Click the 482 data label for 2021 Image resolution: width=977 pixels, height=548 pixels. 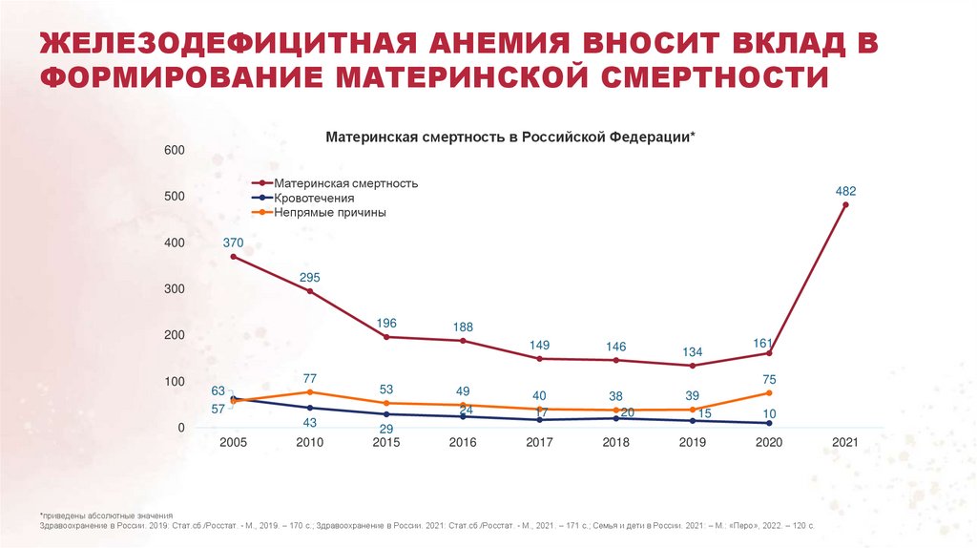845,191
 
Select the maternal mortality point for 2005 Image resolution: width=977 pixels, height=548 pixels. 234,257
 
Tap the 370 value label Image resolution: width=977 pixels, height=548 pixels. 234,242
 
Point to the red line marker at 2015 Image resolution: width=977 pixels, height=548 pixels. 386,337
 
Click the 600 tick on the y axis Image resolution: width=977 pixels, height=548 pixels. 174,151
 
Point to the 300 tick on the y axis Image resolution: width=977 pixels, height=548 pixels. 174,289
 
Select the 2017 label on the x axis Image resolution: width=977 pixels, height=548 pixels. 540,443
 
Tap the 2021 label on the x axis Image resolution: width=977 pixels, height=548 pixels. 845,443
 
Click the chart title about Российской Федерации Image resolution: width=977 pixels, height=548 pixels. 511,137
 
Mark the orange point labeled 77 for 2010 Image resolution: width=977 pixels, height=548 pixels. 310,392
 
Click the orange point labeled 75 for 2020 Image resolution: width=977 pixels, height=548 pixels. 769,393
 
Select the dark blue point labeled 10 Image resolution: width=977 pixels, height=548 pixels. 769,423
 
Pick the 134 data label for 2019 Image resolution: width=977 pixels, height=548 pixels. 692,351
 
